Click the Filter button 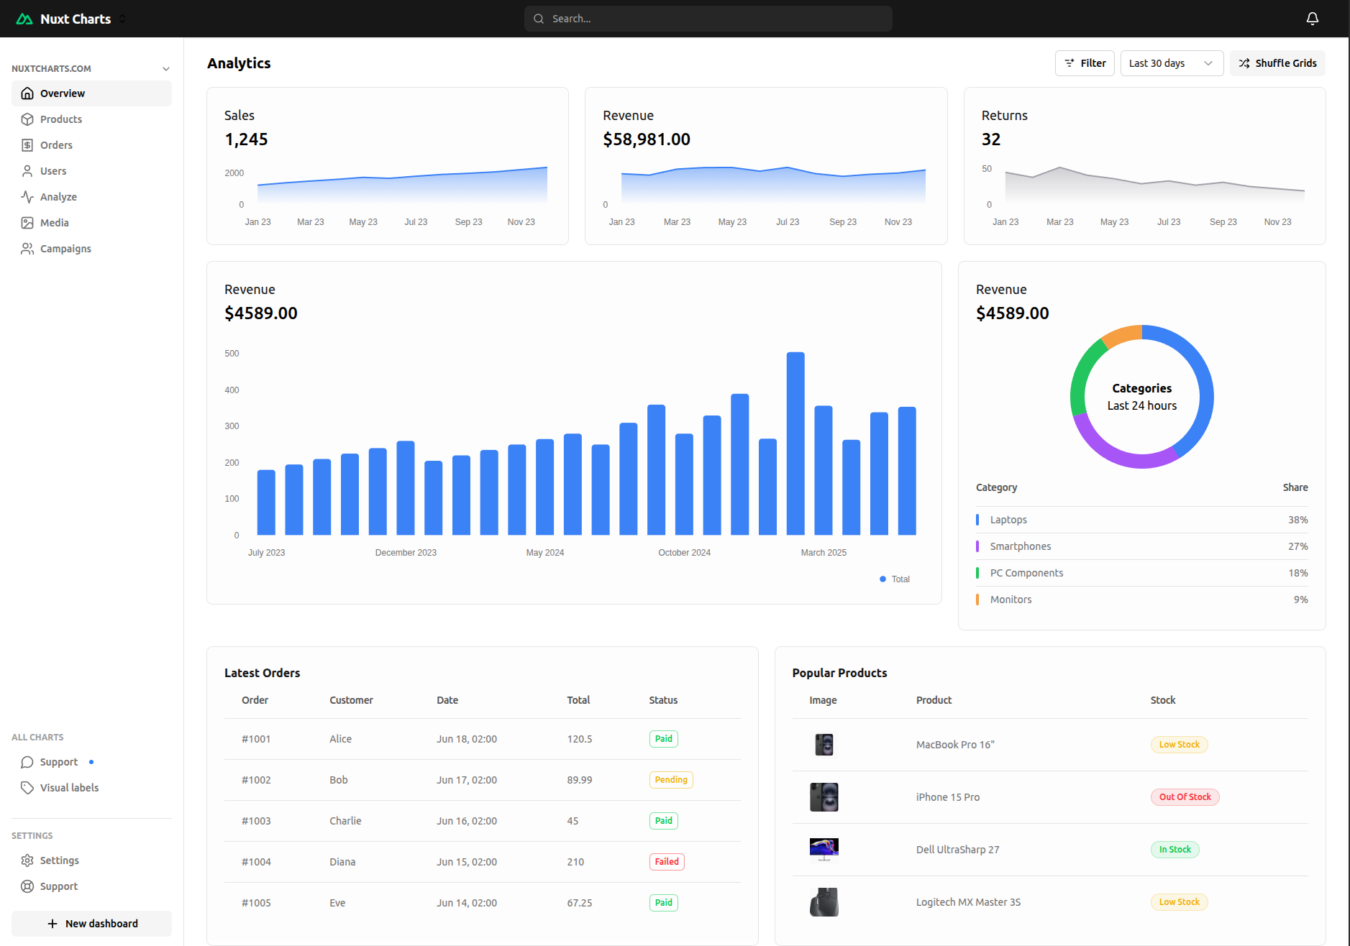1085,63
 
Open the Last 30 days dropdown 1171,63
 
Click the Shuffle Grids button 1277,63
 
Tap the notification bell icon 1312,19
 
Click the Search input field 708,19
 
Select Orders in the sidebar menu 56,145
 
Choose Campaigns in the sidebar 65,249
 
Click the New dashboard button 92,924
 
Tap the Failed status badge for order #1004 667,862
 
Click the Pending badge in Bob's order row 671,780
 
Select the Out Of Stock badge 1185,797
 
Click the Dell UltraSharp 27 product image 824,849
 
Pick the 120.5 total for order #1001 580,739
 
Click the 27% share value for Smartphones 1297,546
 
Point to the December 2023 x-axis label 406,553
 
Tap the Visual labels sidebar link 69,788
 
